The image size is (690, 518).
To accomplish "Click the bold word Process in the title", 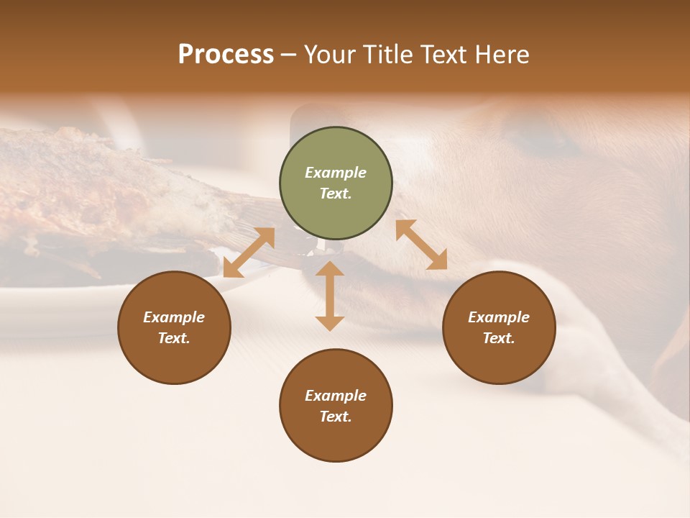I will coord(226,55).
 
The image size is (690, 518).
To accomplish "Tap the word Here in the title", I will coord(501,55).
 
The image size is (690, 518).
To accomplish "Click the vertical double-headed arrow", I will coord(330,296).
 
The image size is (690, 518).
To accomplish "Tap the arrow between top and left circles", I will coord(249,253).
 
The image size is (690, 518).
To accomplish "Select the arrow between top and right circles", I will coord(421,245).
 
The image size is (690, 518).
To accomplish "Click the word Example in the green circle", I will coord(336,173).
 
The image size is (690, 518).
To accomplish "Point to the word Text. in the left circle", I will coord(174,338).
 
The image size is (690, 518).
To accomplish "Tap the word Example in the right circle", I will coord(499,317).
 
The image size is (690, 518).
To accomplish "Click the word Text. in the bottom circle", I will coord(336,417).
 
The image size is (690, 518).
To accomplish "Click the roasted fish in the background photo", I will coord(108,194).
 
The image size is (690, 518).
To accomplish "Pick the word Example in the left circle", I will coord(174,317).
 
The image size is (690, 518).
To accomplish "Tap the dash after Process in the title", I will coord(289,55).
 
